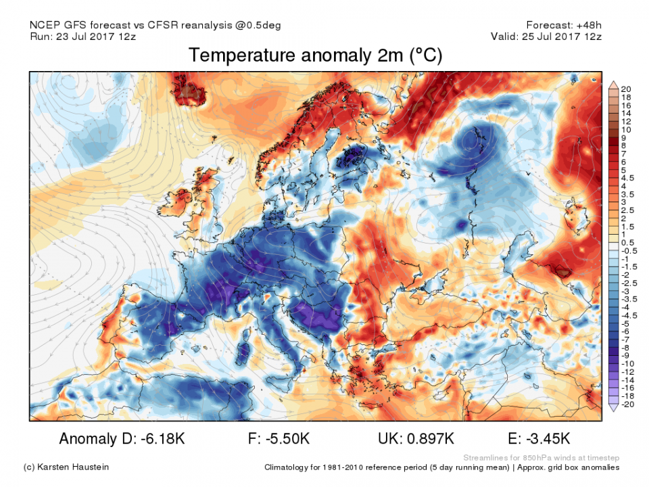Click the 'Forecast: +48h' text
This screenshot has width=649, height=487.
coord(562,25)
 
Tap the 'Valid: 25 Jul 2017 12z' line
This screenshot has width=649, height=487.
coord(546,36)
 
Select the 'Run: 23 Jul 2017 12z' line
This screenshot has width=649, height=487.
coord(83,36)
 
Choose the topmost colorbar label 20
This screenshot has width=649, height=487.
coord(626,89)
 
